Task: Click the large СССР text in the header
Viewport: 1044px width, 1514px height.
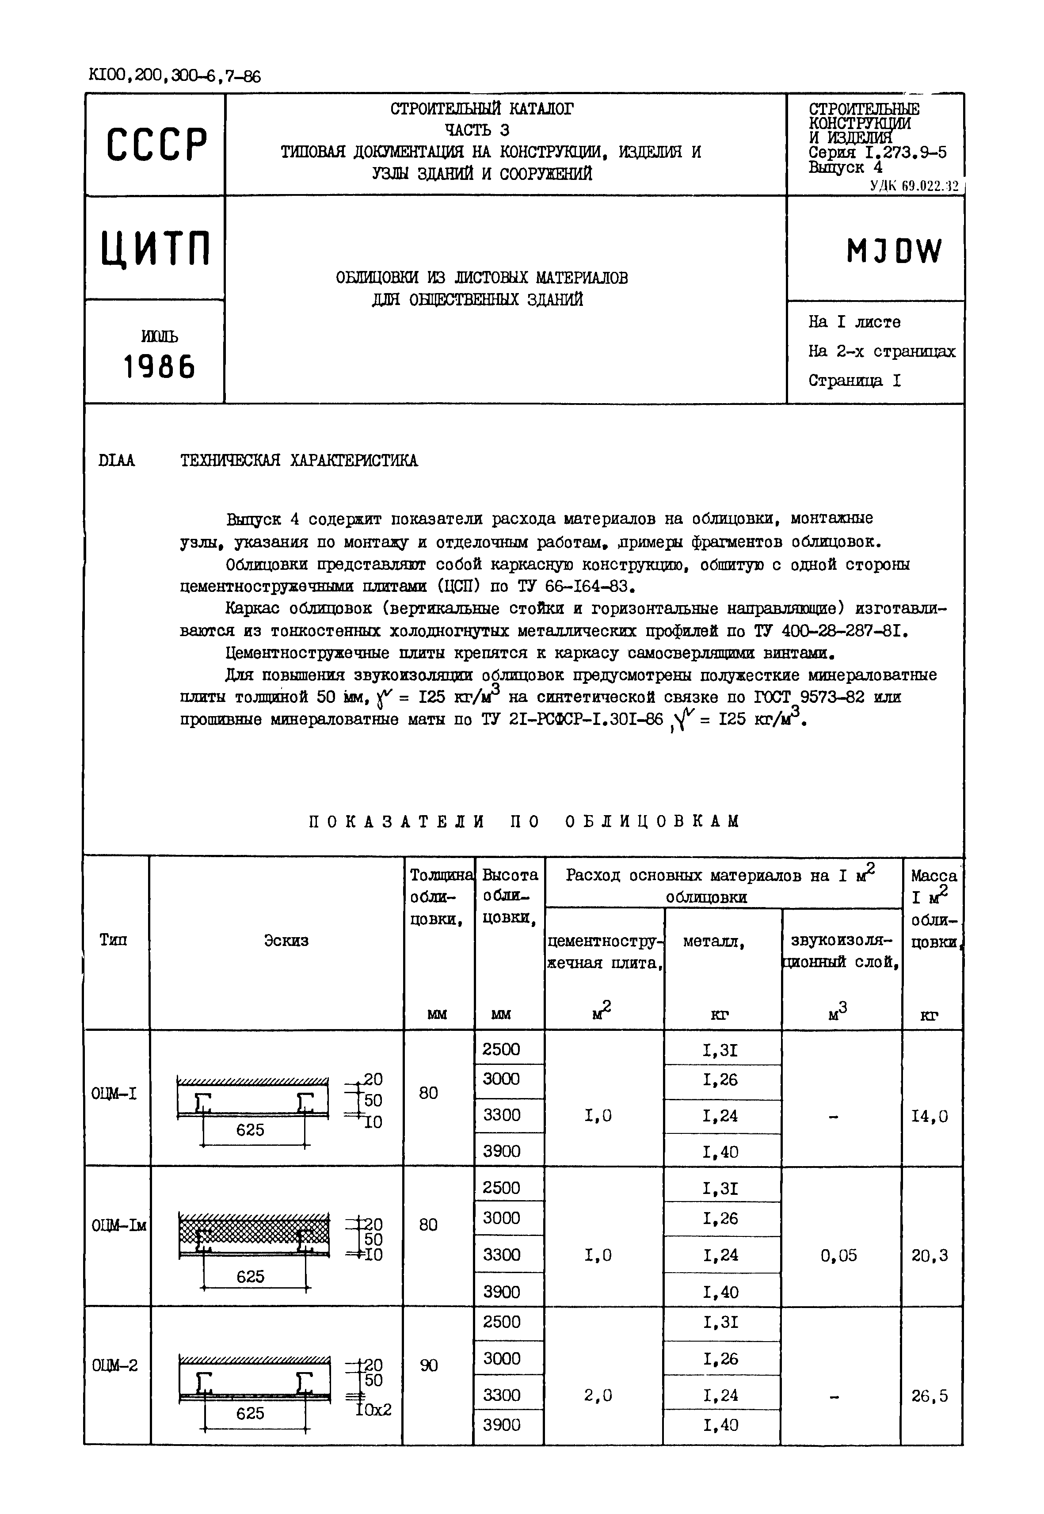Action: point(156,145)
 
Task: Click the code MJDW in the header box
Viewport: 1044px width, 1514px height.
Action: point(894,251)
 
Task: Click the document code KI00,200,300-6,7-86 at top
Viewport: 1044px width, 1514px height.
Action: point(174,76)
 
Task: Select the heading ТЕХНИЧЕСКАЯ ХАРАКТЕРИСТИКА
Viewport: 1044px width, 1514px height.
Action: point(299,461)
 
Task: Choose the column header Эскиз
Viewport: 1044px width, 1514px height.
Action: point(286,940)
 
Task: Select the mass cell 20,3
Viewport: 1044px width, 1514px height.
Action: point(930,1255)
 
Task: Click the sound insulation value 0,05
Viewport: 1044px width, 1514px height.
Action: point(838,1255)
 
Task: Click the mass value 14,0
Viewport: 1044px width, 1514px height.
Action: point(930,1116)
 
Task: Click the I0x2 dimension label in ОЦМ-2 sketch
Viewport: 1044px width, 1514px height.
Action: point(373,1409)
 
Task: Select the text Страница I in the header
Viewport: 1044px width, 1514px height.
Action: point(854,381)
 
